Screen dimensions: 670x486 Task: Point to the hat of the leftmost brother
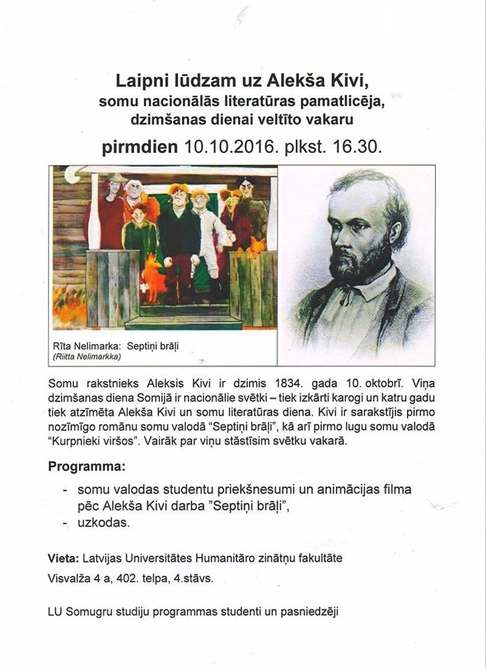113,177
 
